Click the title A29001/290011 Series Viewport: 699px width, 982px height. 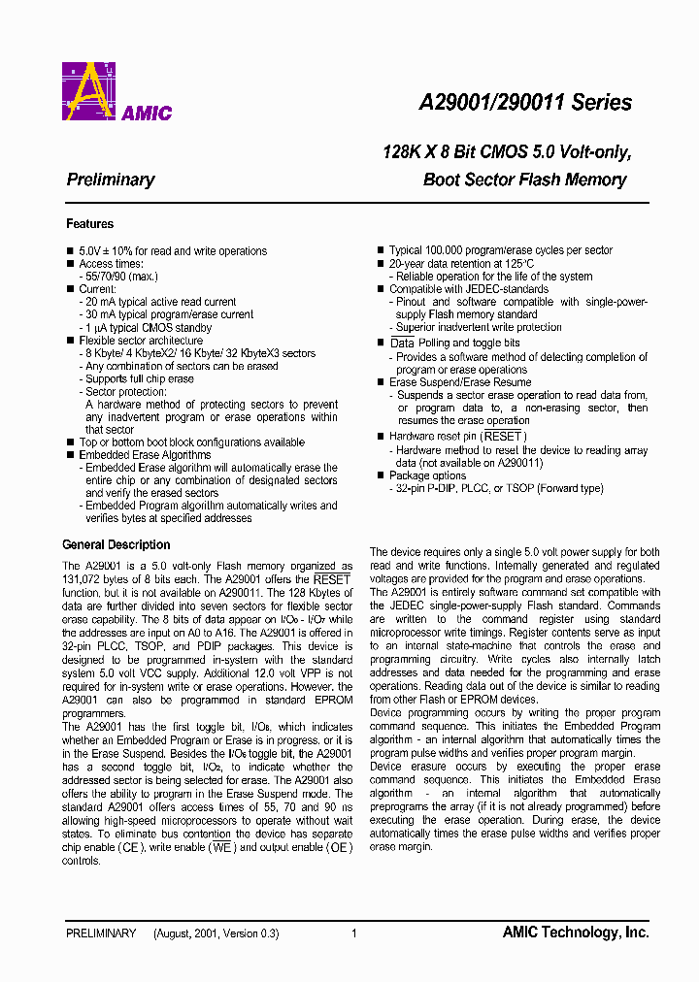point(524,103)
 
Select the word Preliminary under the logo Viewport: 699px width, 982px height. point(111,180)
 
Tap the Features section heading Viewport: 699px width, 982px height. point(89,224)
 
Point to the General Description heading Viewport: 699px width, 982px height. point(116,545)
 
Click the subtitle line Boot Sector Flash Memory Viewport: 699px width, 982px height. point(524,180)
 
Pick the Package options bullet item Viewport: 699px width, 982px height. point(427,475)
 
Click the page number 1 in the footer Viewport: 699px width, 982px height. point(354,933)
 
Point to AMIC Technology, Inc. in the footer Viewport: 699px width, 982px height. point(575,933)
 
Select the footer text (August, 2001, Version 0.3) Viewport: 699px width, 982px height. point(216,933)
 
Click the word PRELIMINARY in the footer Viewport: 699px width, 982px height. point(101,933)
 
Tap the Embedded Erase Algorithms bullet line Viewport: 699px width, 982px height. point(145,455)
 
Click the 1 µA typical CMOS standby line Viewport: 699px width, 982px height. point(147,328)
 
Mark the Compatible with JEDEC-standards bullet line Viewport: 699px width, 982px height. point(469,289)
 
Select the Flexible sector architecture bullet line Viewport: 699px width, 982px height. point(141,341)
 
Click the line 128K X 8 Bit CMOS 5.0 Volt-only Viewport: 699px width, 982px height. point(507,152)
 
